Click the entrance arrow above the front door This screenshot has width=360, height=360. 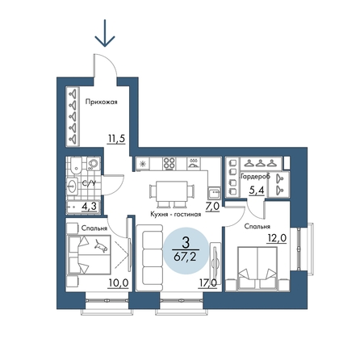click(105, 33)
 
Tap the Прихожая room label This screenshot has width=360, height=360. click(101, 102)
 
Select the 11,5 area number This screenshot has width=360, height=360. click(116, 139)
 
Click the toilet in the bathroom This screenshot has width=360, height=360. click(76, 165)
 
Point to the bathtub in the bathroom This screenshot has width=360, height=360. click(83, 207)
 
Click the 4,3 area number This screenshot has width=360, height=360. click(89, 207)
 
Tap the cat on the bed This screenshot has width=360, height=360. click(101, 246)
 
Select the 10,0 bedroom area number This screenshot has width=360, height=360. click(118, 283)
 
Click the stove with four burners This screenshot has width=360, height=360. click(170, 164)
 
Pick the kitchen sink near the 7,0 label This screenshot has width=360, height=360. click(214, 193)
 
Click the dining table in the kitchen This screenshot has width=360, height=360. click(172, 192)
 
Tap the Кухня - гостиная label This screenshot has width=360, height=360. click(176, 215)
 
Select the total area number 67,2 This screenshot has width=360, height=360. click(185, 257)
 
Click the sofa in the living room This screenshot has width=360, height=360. click(150, 258)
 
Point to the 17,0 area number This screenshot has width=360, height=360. click(207, 283)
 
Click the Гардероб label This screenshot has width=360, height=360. click(256, 177)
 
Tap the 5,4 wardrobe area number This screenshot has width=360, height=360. click(257, 190)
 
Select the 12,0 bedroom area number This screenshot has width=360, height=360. click(277, 238)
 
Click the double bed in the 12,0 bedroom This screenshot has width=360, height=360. click(257, 269)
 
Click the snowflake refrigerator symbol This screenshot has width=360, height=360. click(142, 164)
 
